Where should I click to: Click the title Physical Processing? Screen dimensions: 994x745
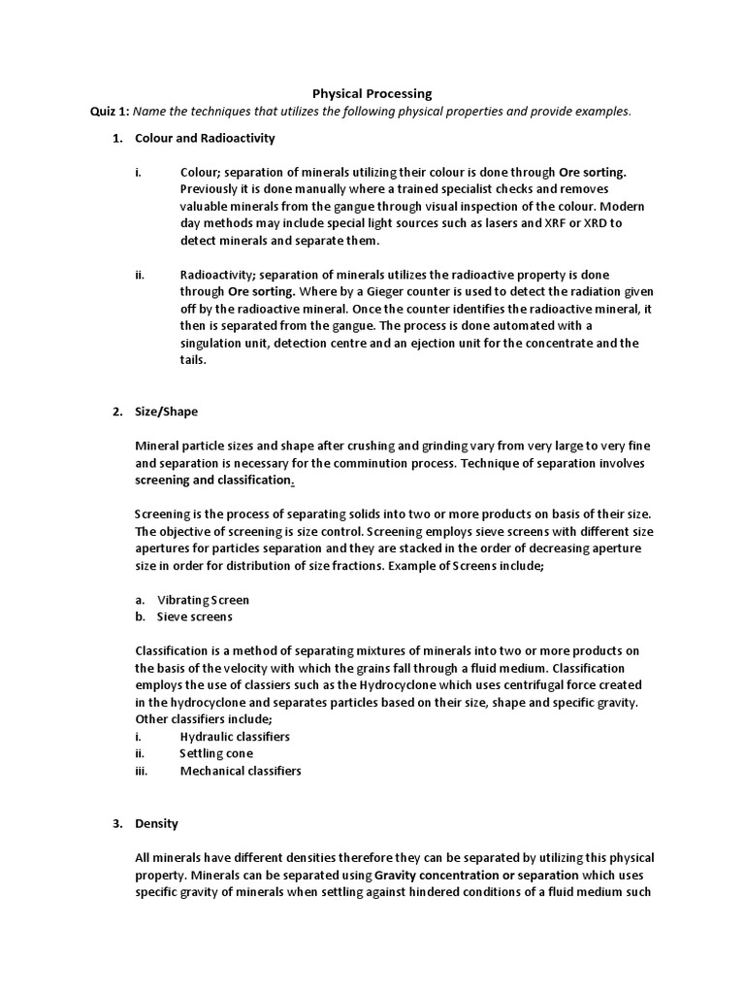pos(372,93)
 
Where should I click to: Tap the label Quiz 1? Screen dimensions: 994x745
pos(111,111)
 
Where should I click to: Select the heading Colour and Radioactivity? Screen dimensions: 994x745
pos(205,139)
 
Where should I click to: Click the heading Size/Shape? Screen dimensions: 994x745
pos(166,412)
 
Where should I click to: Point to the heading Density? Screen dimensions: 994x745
pos(156,824)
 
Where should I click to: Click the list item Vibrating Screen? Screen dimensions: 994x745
pos(203,600)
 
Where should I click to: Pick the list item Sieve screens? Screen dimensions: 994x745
pos(194,616)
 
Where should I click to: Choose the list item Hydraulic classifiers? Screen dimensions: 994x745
pos(235,737)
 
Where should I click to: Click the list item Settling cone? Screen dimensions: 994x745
pos(216,753)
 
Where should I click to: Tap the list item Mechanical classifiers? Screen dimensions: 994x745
pos(241,771)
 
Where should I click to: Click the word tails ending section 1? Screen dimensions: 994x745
pos(193,359)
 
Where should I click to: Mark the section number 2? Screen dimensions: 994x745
pos(116,412)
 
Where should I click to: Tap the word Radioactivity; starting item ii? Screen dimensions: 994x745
pos(218,275)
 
